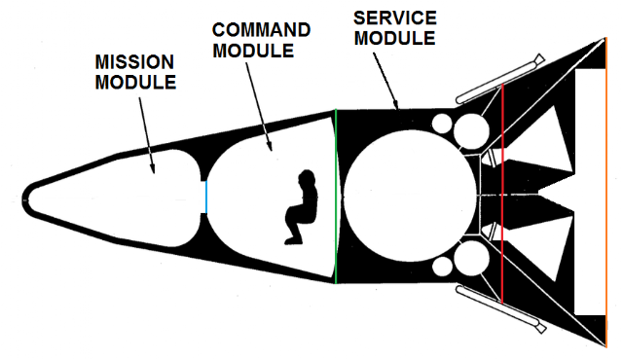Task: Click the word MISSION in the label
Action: (x=134, y=62)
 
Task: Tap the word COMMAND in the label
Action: (x=261, y=30)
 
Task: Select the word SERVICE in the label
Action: (x=395, y=18)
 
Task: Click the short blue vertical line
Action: (x=206, y=197)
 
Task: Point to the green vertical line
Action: (x=336, y=197)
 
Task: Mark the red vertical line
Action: (x=502, y=194)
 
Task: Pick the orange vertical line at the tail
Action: (x=606, y=192)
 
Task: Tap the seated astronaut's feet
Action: (x=293, y=240)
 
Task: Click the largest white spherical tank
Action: (x=410, y=196)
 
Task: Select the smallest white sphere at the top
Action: (x=442, y=124)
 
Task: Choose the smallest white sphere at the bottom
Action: (x=442, y=267)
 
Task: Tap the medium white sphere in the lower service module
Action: (x=471, y=259)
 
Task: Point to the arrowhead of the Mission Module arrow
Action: (x=152, y=168)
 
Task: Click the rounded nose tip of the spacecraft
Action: (x=23, y=200)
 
